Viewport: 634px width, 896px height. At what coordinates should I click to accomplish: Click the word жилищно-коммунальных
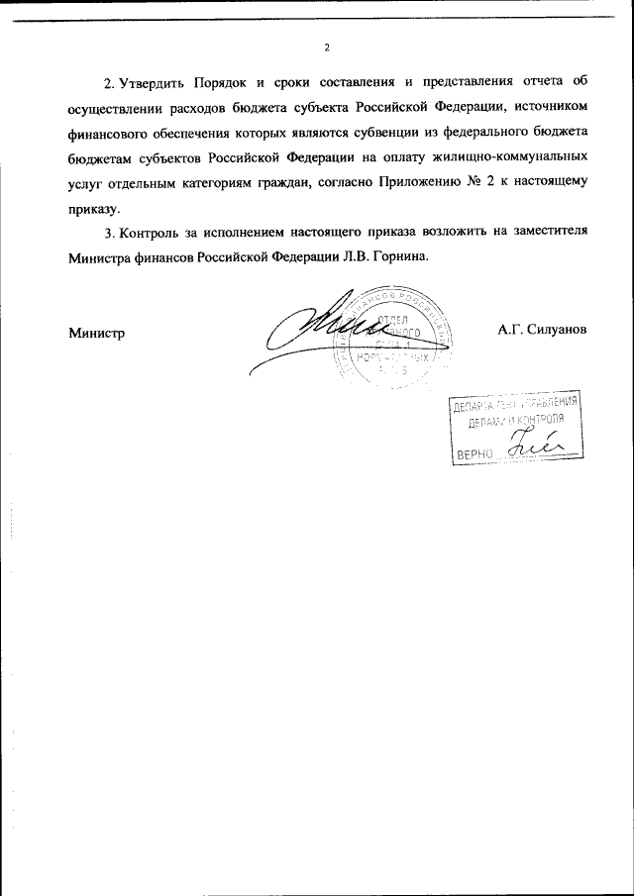pyautogui.click(x=522, y=157)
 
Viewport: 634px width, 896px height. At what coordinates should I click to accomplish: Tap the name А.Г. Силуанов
pyautogui.click(x=544, y=330)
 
